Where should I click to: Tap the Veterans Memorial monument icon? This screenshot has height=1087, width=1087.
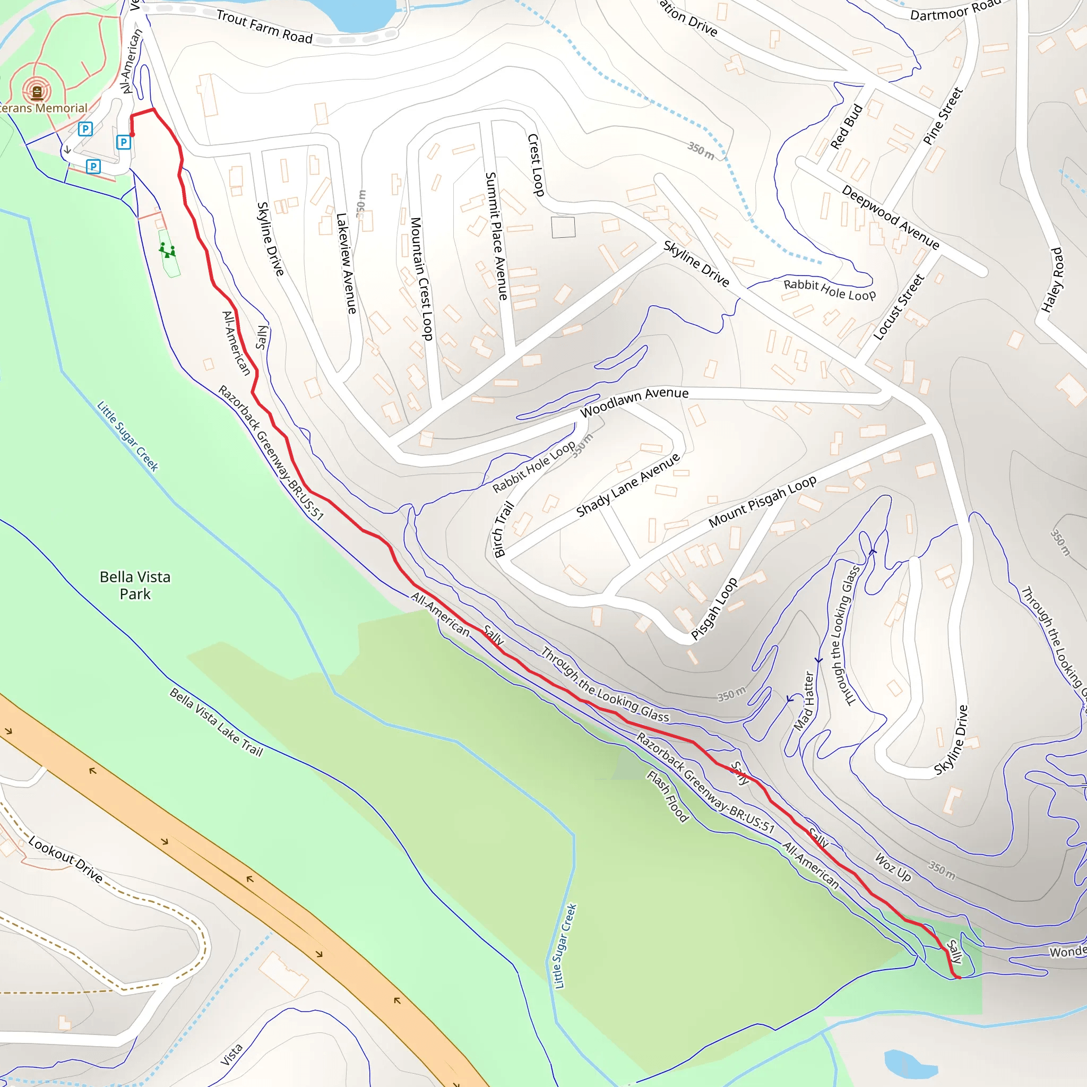(37, 91)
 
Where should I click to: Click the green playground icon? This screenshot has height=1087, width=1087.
(167, 251)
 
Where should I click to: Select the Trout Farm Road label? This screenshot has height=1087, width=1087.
(264, 27)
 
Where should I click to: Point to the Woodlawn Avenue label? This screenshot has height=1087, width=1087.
(634, 402)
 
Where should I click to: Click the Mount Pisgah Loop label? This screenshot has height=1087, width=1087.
(762, 501)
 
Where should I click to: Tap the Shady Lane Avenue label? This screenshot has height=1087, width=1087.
(628, 485)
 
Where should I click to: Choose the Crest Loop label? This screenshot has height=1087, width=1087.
(536, 165)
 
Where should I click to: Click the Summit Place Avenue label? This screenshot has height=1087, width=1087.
(496, 236)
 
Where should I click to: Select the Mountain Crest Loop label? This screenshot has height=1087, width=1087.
(421, 279)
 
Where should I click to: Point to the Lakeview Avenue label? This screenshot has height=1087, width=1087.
(346, 263)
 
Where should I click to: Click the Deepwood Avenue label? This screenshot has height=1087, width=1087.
(890, 217)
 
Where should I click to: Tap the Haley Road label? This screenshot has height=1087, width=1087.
(1051, 280)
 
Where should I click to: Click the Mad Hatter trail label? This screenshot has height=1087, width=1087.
(804, 701)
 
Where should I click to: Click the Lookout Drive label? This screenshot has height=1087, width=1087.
(65, 860)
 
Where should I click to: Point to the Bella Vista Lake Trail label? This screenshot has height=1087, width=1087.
(216, 722)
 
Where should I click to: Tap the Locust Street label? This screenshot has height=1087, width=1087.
(899, 307)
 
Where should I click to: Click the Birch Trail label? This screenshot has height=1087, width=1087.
(503, 529)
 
